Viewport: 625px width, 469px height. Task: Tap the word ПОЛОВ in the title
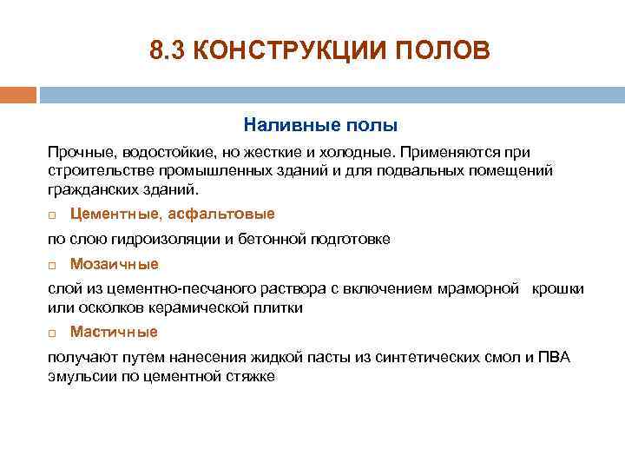coord(448,51)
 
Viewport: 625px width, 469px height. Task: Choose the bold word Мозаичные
coord(114,263)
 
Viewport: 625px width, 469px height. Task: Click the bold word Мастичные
coord(114,332)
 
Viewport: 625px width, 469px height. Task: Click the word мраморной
coord(482,289)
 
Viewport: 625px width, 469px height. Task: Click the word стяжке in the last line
coord(251,376)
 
